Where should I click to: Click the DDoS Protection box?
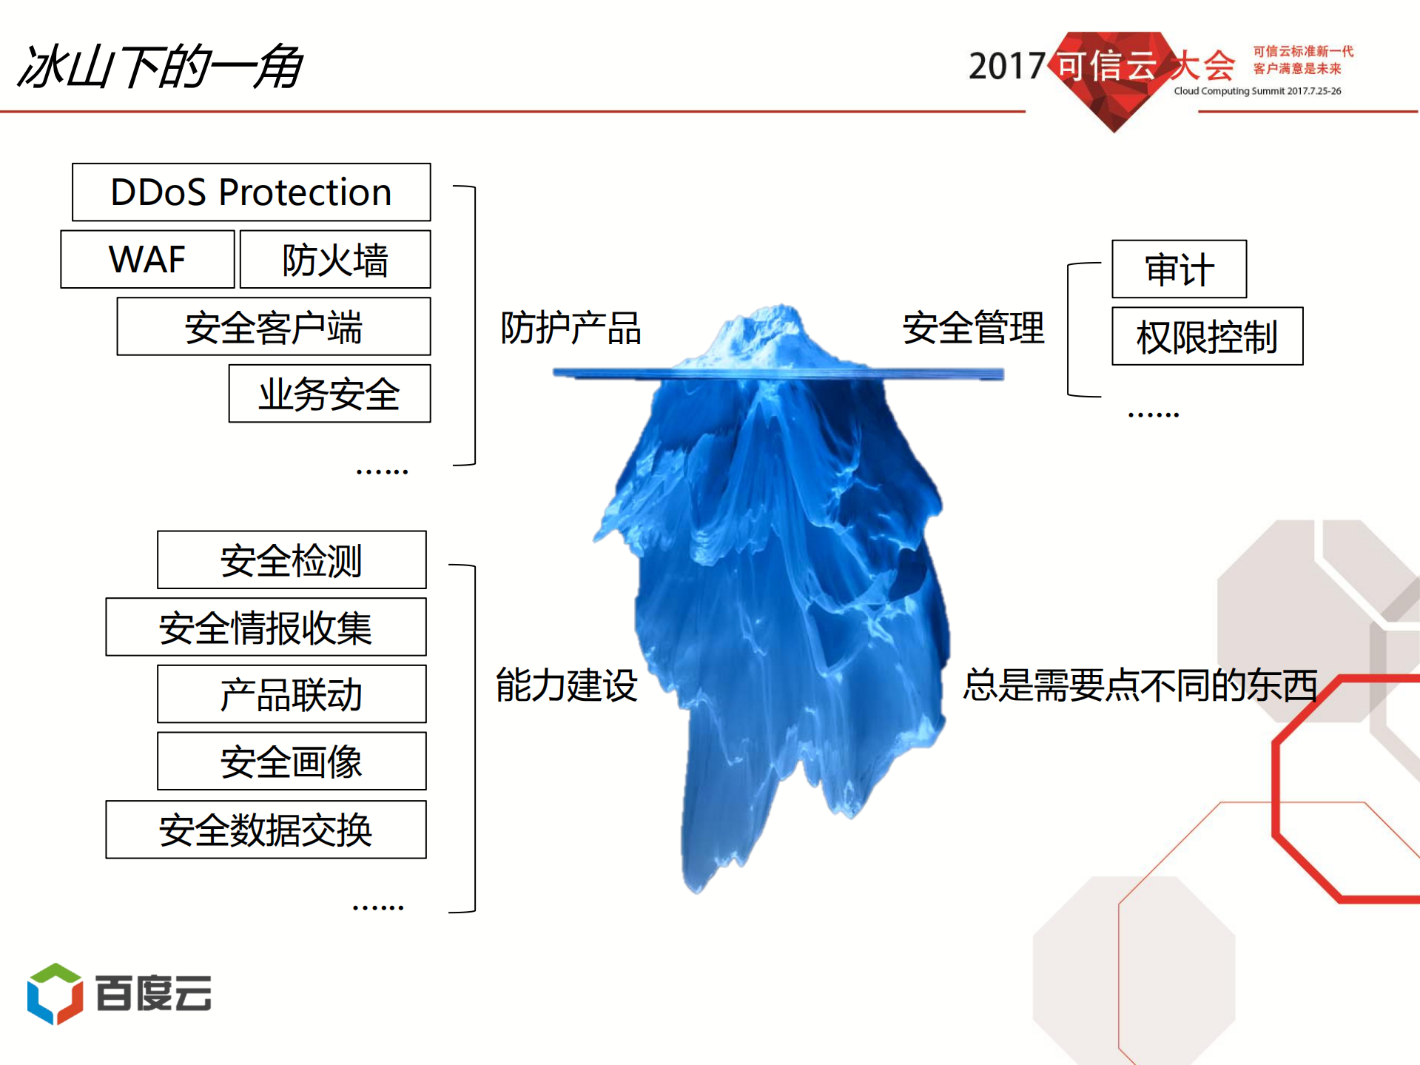[x=251, y=192]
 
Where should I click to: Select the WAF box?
[x=147, y=260]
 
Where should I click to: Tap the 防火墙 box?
[x=334, y=260]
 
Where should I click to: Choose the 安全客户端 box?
[x=273, y=327]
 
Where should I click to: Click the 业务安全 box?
[x=329, y=394]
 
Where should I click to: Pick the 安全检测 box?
[x=292, y=560]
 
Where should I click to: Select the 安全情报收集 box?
[x=266, y=628]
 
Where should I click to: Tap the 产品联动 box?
[x=292, y=694]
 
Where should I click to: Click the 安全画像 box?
[x=292, y=762]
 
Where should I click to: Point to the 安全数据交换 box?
[x=266, y=830]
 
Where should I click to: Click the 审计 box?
[x=1179, y=269]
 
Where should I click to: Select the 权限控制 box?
[x=1207, y=337]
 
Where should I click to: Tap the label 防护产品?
[x=571, y=328]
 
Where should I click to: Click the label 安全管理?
[x=973, y=328]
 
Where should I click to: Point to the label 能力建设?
[x=567, y=685]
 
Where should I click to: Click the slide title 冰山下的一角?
[x=159, y=67]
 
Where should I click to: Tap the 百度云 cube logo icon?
[x=55, y=993]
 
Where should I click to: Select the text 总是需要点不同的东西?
[x=1140, y=685]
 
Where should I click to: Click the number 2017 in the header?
[x=1006, y=67]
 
